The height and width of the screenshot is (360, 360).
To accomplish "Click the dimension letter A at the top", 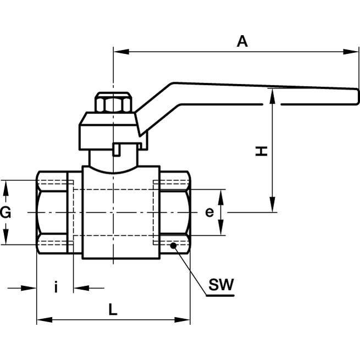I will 242,41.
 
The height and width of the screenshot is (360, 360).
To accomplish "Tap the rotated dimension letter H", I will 263,150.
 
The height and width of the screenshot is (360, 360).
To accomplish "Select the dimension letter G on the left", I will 5,212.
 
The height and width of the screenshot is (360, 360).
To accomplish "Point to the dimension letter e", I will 209,212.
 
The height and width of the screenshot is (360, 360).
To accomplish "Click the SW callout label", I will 221,285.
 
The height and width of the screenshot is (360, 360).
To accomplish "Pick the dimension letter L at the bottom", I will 113,310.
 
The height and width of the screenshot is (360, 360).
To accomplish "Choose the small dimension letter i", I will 56,287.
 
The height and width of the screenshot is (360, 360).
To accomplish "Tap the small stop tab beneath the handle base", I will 118,148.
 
